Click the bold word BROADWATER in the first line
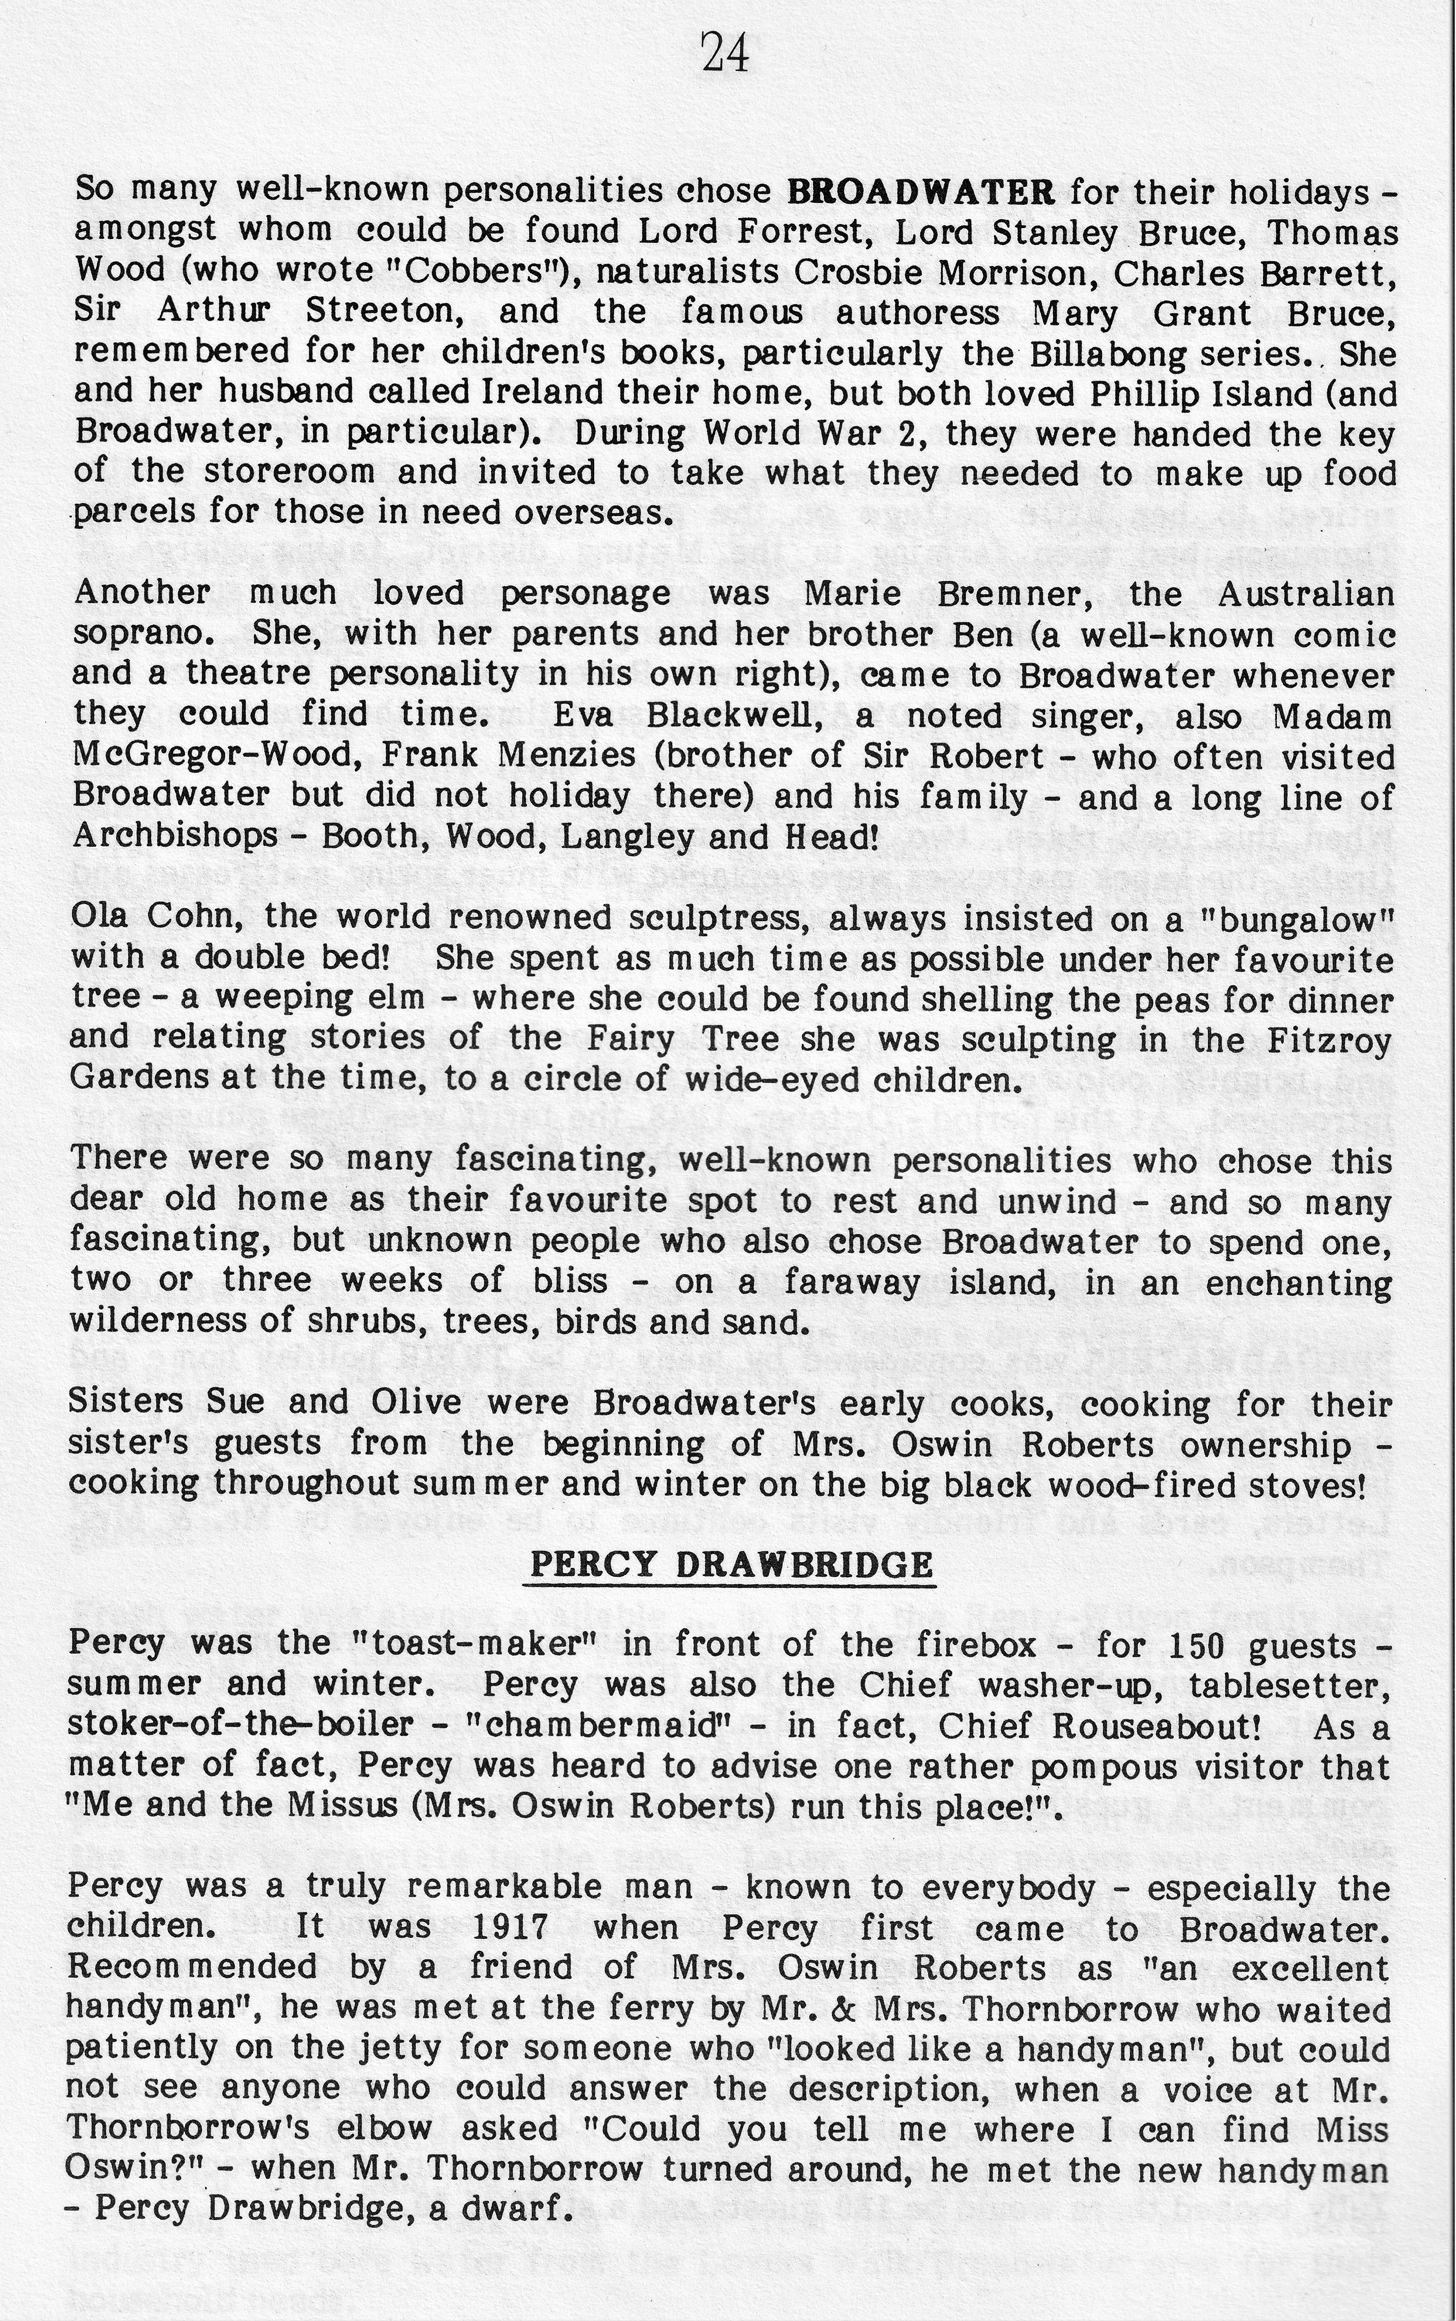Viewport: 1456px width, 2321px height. click(920, 191)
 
